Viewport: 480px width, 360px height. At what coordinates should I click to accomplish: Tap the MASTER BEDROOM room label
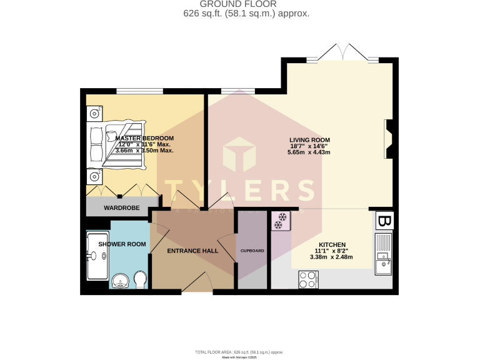[144, 138]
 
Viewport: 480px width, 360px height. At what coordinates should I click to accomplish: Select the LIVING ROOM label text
[309, 140]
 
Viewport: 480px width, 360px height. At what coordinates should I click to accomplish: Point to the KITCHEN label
[332, 244]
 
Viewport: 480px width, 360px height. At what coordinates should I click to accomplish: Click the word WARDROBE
[121, 207]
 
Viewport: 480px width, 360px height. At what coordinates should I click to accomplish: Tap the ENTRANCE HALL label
[192, 251]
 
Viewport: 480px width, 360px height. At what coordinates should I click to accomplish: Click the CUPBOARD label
[252, 251]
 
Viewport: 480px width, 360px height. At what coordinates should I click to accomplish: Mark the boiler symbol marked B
[384, 221]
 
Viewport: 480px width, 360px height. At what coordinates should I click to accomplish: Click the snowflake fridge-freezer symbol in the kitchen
[281, 221]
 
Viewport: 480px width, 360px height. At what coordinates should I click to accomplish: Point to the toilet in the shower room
[141, 279]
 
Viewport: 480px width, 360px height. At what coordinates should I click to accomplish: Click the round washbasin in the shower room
[121, 282]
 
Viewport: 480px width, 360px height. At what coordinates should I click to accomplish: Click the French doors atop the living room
[342, 52]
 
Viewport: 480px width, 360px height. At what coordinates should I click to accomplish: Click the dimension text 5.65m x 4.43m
[309, 152]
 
